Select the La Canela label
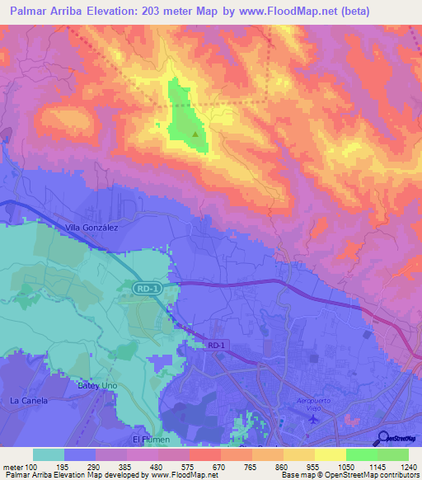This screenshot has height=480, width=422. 30,401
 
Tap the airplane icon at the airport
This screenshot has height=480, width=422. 312,420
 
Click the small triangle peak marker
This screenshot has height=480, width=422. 195,133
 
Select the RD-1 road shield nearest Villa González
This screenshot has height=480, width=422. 144,286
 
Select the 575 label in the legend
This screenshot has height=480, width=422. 190,468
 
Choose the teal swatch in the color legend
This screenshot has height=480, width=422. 49,454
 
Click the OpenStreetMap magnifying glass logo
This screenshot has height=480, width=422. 384,438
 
